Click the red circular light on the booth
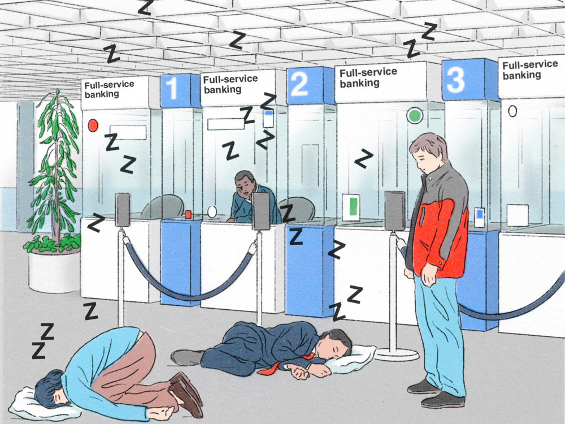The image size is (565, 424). (93, 125)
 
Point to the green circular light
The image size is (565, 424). (415, 115)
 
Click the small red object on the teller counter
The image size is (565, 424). (189, 214)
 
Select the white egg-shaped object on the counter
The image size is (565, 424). (212, 211)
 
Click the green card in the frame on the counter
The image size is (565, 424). (353, 207)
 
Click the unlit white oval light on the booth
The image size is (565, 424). (512, 111)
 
